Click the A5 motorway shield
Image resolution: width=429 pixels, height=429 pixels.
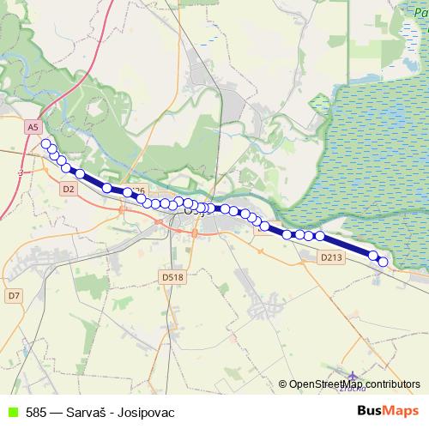pyautogui.click(x=33, y=127)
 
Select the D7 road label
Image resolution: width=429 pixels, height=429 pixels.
pyautogui.click(x=13, y=295)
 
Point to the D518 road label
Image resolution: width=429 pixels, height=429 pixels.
pyautogui.click(x=172, y=277)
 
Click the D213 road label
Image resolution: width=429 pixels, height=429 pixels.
pyautogui.click(x=331, y=257)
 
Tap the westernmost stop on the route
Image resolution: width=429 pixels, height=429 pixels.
pyautogui.click(x=46, y=143)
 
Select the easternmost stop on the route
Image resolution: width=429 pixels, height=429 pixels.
pyautogui.click(x=383, y=262)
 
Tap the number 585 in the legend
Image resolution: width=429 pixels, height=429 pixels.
pyautogui.click(x=36, y=412)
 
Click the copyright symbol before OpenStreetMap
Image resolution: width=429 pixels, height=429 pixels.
pyautogui.click(x=282, y=384)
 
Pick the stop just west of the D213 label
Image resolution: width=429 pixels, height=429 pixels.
pyautogui.click(x=319, y=235)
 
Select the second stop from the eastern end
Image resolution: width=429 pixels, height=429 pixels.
pyautogui.click(x=373, y=255)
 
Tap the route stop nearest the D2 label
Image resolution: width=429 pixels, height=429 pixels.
pyautogui.click(x=80, y=174)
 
